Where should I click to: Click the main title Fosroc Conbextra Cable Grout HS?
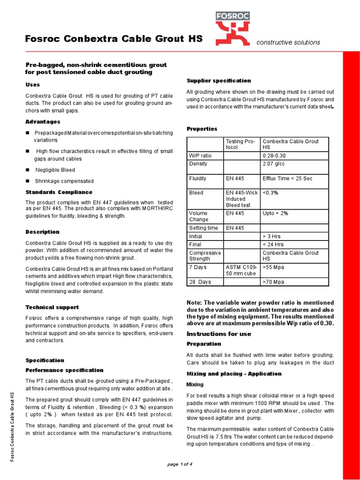tap(113, 39)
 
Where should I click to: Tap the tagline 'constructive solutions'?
tap(288, 43)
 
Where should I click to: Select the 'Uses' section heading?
tap(32, 84)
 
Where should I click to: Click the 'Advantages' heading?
tap(42, 122)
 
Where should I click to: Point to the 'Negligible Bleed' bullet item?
tap(55, 170)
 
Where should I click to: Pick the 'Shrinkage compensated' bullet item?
tap(64, 181)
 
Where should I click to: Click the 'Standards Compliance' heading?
tap(59, 192)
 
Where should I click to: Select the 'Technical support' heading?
tap(52, 307)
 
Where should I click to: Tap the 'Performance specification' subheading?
tap(64, 370)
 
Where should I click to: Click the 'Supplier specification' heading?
tap(219, 81)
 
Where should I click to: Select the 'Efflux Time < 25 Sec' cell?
tap(287, 179)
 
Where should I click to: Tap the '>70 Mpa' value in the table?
tap(274, 282)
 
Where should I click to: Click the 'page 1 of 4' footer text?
tap(180, 464)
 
